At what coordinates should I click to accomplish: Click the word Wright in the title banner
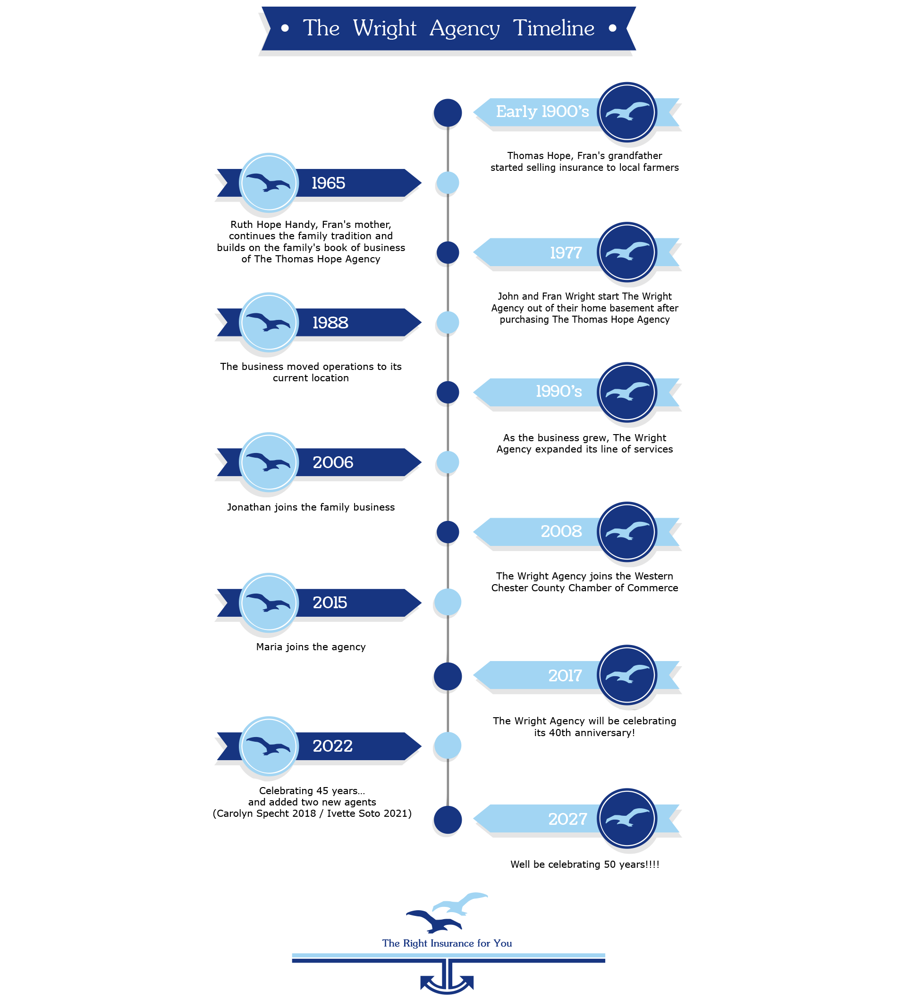(x=384, y=29)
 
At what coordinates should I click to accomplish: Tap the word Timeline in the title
(x=553, y=29)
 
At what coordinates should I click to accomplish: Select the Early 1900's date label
(x=542, y=112)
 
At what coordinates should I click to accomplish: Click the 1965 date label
(x=328, y=183)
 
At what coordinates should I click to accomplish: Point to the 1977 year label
(x=566, y=253)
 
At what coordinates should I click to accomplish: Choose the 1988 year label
(x=330, y=323)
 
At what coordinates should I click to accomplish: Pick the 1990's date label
(x=559, y=392)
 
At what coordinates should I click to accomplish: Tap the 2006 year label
(x=333, y=462)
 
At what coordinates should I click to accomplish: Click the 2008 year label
(x=561, y=532)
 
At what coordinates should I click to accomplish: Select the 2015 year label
(x=330, y=603)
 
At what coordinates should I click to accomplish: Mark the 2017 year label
(x=565, y=675)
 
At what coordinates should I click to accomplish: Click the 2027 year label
(x=567, y=819)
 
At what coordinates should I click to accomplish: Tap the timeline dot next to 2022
(x=448, y=746)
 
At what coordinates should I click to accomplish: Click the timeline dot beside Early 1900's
(x=448, y=112)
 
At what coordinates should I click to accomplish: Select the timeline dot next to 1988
(x=448, y=323)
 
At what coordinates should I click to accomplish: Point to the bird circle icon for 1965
(x=269, y=183)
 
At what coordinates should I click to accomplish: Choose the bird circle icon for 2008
(x=626, y=532)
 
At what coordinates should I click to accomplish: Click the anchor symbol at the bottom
(x=447, y=978)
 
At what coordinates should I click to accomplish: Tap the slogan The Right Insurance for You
(x=447, y=943)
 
